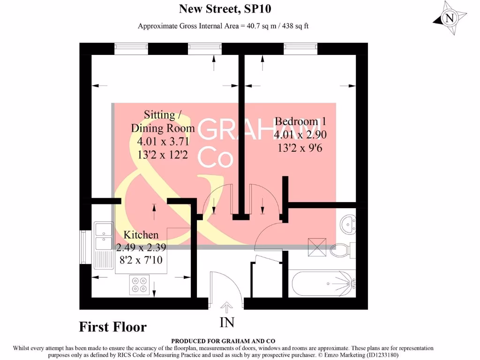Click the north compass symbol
tap(449, 18)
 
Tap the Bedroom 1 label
tap(300, 121)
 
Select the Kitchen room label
tap(141, 234)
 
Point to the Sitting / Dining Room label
tap(162, 121)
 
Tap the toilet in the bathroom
tap(343, 250)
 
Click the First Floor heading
tap(112, 327)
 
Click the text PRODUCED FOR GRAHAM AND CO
tap(223, 341)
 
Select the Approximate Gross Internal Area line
tap(223, 26)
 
